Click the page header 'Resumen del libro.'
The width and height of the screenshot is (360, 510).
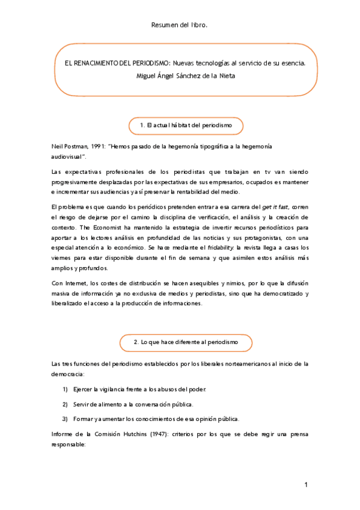pyautogui.click(x=180, y=25)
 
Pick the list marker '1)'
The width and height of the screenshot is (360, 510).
pyautogui.click(x=65, y=390)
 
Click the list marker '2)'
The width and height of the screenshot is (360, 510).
pyautogui.click(x=65, y=404)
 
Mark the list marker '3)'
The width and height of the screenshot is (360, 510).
pyautogui.click(x=65, y=418)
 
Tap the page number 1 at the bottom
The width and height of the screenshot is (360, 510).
pyautogui.click(x=305, y=485)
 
